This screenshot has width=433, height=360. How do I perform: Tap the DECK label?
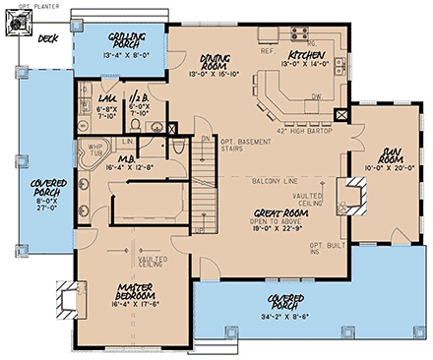46,40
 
